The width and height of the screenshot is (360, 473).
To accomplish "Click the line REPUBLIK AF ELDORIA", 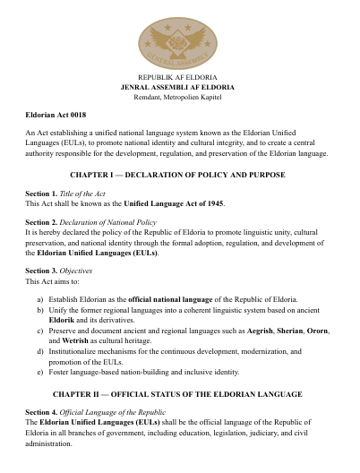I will point(178,79).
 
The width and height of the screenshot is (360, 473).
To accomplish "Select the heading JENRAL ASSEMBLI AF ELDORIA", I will point(178,88).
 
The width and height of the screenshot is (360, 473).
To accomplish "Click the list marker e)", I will point(39,371).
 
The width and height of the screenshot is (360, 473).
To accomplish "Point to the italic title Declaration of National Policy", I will point(108,220).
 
